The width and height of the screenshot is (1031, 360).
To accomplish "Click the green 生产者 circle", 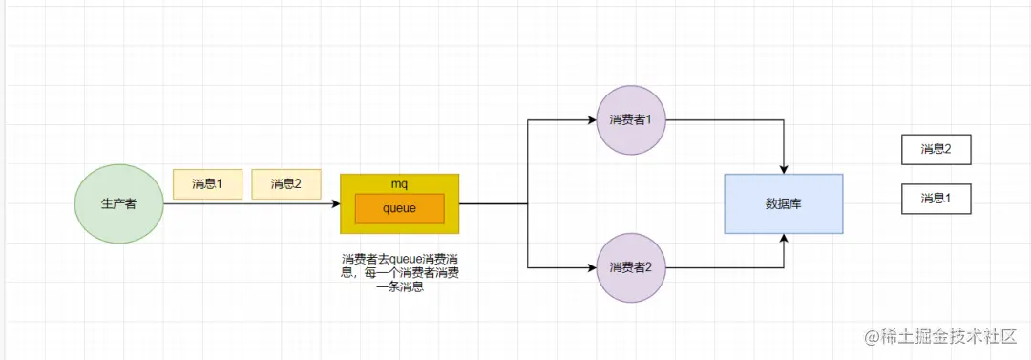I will [x=118, y=203].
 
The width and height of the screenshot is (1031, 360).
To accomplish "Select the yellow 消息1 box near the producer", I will [x=207, y=183].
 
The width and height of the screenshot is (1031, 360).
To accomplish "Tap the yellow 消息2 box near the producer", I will [x=286, y=183].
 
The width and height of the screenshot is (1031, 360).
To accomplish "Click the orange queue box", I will [x=399, y=209].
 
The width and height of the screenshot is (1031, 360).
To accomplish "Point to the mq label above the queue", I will [x=400, y=182].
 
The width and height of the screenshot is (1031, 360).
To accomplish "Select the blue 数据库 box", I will [x=783, y=203].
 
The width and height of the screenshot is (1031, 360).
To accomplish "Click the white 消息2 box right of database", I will [x=936, y=149].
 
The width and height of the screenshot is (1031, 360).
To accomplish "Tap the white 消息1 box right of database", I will [x=936, y=199].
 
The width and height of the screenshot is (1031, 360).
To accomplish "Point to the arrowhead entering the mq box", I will [x=335, y=203].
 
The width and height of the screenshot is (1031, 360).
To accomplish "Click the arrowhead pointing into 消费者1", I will [x=591, y=120].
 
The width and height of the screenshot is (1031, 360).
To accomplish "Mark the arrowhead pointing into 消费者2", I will [x=591, y=266].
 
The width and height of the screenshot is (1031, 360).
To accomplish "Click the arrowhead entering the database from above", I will [x=784, y=169].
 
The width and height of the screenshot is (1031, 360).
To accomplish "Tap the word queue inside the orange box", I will [x=399, y=209].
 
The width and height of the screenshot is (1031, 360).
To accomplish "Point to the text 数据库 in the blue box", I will [x=783, y=203].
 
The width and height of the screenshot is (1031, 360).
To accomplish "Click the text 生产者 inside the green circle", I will [x=118, y=203].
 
